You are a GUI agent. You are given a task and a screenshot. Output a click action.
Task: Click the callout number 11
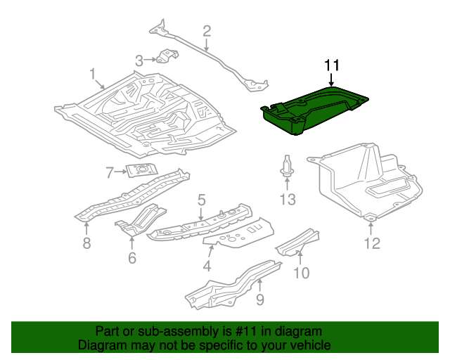332,65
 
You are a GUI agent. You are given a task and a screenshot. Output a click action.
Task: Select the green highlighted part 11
313,109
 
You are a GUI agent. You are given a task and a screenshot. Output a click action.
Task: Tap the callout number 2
207,30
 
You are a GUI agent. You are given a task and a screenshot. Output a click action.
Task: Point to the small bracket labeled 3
166,57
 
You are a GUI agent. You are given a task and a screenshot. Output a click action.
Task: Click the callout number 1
92,74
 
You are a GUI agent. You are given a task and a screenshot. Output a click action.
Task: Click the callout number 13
287,200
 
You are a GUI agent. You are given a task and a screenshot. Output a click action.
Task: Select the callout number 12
371,243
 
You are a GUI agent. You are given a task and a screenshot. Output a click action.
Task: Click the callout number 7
110,172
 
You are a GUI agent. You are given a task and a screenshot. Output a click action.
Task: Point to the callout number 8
86,243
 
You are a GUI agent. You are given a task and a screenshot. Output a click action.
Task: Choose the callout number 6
131,258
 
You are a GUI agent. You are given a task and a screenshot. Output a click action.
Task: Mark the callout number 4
207,266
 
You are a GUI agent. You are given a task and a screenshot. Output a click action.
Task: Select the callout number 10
300,273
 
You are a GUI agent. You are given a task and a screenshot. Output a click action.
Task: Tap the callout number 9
259,301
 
